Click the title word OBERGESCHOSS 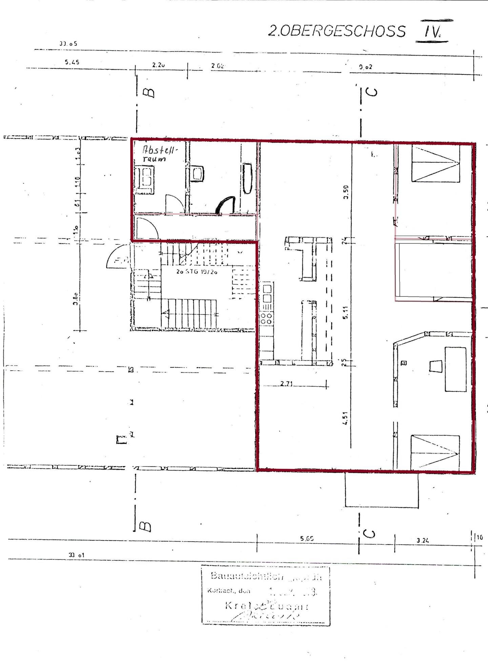(x=343, y=31)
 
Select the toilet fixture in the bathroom (x=198, y=173)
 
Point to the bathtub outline (x=247, y=178)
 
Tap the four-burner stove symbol (x=267, y=318)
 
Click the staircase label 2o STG (x=197, y=271)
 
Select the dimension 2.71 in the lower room (x=286, y=384)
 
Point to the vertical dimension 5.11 (x=345, y=312)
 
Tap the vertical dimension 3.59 (x=346, y=192)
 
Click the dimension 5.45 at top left (x=72, y=62)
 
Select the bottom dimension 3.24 (x=423, y=541)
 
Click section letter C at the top (x=372, y=92)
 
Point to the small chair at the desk (x=435, y=367)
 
